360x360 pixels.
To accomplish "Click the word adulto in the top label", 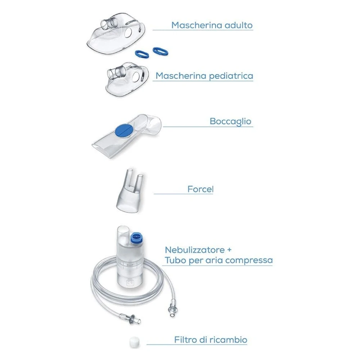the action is [239, 25].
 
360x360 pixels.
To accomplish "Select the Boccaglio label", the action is [230, 121].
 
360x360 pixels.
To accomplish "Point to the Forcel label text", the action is [201, 189].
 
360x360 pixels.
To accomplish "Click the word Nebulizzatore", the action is [195, 250].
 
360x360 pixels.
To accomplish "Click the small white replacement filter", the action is [134, 342].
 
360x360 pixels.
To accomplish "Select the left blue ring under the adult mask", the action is [141, 54].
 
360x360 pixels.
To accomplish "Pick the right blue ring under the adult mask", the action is [161, 51].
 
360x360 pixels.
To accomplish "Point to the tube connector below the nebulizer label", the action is [171, 310].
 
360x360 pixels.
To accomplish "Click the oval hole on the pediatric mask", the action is [136, 77].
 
